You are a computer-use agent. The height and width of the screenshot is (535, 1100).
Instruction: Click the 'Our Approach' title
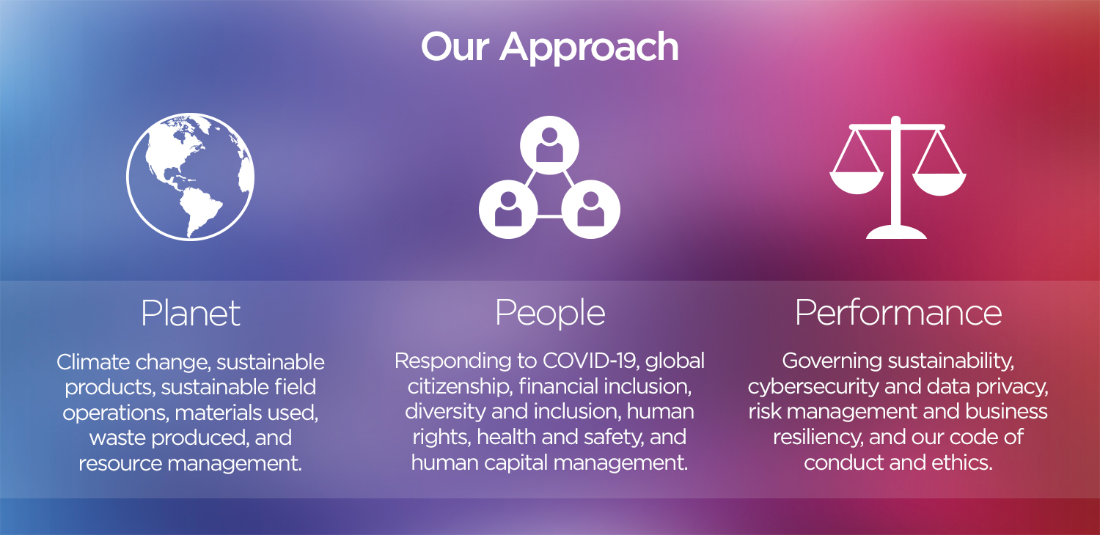(x=549, y=47)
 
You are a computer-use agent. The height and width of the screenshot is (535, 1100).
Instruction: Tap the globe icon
(x=191, y=177)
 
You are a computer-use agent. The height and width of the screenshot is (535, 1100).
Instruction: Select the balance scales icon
(x=897, y=177)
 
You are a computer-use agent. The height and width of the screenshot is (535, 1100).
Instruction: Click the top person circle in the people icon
(x=549, y=145)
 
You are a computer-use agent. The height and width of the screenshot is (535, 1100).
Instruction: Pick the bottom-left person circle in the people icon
(x=508, y=210)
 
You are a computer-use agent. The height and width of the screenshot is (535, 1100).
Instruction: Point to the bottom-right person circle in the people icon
(x=591, y=210)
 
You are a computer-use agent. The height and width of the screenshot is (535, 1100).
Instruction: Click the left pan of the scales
(x=857, y=182)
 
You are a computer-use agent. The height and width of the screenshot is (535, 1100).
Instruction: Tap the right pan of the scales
(x=939, y=182)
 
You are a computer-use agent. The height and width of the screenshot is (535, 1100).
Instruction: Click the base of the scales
(x=896, y=232)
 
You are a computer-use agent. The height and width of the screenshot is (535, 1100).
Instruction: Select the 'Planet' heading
(x=191, y=313)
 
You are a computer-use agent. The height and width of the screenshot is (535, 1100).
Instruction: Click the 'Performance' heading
(x=898, y=313)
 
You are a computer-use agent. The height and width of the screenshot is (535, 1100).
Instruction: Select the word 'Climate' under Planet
(x=93, y=362)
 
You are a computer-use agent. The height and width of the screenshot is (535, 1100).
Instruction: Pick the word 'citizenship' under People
(x=459, y=387)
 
